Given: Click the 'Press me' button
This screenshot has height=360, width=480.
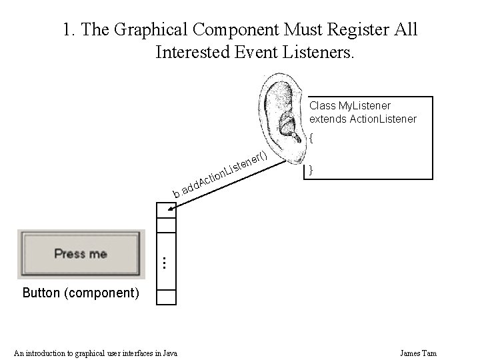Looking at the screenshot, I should click(81, 254).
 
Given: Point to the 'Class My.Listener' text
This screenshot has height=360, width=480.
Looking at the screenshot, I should click(350, 105).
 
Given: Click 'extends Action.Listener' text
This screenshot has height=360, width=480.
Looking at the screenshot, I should click(363, 119).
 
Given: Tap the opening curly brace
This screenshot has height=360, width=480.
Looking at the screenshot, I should click(311, 139).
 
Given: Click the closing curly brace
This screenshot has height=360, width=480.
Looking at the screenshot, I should click(311, 170).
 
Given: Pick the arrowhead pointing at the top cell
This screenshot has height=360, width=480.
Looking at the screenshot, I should click(171, 210).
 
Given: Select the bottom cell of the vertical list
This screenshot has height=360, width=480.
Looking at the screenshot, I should click(165, 297).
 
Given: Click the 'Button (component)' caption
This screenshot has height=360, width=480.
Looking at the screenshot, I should click(81, 293).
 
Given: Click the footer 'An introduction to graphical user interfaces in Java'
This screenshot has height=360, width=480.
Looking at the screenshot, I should click(96, 353).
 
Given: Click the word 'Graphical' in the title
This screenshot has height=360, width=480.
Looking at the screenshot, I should click(149, 30).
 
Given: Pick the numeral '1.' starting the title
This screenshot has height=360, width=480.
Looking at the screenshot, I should click(67, 30).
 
